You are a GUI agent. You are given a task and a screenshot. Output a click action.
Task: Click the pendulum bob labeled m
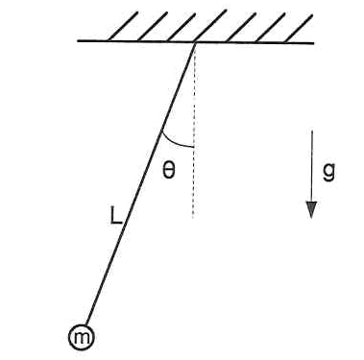[x=82, y=337]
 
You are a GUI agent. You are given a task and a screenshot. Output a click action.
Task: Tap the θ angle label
[x=169, y=171]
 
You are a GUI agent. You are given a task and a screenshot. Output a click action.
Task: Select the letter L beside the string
[x=115, y=215]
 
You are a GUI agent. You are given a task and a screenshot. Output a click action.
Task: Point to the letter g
[x=328, y=171]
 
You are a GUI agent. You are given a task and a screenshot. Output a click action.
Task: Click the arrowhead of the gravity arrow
[x=311, y=210]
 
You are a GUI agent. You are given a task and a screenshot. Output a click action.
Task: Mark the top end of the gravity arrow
[x=312, y=131]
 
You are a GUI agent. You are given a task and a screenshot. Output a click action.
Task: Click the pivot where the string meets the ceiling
[x=194, y=43]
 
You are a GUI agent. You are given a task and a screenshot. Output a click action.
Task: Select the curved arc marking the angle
[x=175, y=143]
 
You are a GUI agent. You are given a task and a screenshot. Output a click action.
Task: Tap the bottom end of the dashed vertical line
[x=193, y=218]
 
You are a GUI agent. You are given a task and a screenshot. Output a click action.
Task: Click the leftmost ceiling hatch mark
[x=123, y=26]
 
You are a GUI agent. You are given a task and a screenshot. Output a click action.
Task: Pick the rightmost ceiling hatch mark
[x=299, y=28]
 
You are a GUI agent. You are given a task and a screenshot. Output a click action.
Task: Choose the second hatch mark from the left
[x=153, y=27]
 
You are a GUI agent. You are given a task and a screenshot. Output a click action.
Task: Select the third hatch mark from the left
[x=182, y=27]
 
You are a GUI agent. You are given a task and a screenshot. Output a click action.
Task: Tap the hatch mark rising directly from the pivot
[x=210, y=26]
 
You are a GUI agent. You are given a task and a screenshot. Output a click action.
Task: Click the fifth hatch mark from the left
[x=240, y=27]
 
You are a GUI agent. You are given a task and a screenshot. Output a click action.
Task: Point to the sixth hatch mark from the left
[x=271, y=28]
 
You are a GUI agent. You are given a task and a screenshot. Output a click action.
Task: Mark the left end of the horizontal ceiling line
[x=78, y=41]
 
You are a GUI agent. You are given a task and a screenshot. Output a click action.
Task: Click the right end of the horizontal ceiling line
[x=314, y=43]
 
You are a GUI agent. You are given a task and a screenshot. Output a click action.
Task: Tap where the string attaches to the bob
[x=86, y=324]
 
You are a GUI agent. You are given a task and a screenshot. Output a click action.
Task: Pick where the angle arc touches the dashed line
[x=194, y=147]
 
